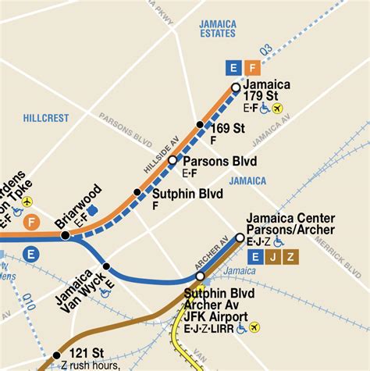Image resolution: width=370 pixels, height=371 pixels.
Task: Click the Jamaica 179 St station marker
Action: (236, 87)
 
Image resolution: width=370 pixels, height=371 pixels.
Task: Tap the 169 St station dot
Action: (200, 125)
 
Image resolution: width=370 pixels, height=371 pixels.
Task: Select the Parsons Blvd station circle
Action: (173, 160)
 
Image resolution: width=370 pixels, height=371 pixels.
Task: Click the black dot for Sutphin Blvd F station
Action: (137, 191)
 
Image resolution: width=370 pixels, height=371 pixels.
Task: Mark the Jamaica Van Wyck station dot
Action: (107, 266)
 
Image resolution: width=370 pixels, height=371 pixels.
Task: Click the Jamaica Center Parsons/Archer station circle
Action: (240, 237)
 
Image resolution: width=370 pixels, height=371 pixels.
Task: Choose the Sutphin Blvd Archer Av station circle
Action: (201, 276)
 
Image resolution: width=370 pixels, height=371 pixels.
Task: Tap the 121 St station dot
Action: (56, 355)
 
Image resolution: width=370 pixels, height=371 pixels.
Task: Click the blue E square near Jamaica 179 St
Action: (231, 67)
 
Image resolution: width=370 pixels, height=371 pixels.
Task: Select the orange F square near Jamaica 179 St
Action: (251, 67)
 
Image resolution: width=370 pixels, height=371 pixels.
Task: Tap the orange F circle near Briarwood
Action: (31, 223)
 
